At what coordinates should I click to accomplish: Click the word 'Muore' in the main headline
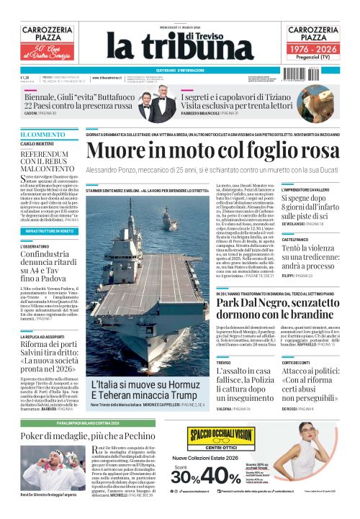[119, 150]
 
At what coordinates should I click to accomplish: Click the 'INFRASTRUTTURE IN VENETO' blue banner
[49, 231]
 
